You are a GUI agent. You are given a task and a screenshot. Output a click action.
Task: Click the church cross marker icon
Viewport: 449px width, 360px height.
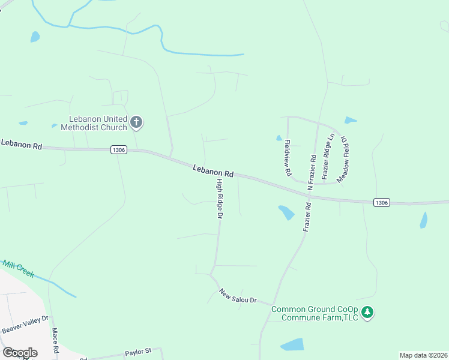[x=136, y=123]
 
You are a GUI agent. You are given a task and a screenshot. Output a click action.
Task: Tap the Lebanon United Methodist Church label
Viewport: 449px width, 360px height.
[x=98, y=123]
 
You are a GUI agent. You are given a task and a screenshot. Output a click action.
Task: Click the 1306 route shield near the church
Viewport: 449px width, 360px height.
[x=119, y=150]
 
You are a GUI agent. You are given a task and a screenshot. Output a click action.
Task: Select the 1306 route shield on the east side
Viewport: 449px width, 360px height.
[x=382, y=203]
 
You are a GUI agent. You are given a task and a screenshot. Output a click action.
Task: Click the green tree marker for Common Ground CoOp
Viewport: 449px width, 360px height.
[x=368, y=313]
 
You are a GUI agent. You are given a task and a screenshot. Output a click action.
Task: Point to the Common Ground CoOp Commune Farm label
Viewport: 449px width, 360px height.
[x=315, y=313]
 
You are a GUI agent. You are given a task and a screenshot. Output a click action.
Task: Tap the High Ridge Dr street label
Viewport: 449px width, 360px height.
[x=220, y=199]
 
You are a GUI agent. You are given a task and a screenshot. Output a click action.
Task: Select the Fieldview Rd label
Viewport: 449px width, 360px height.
[x=288, y=158]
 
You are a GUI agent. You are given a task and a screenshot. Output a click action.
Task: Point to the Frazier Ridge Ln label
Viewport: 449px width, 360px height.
[x=327, y=157]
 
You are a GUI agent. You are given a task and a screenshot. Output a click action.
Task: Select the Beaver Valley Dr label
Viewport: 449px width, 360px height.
[x=25, y=326]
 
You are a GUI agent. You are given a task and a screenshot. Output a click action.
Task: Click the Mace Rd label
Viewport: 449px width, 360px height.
[x=55, y=341]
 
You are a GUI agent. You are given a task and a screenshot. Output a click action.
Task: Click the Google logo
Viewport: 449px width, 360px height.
[x=20, y=353]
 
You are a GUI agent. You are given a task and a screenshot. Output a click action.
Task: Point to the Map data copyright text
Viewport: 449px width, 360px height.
[x=424, y=355]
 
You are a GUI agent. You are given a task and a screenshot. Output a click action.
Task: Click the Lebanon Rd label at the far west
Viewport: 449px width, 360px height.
[x=22, y=144]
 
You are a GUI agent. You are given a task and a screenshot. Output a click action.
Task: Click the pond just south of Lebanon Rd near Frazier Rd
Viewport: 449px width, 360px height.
[x=286, y=212]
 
